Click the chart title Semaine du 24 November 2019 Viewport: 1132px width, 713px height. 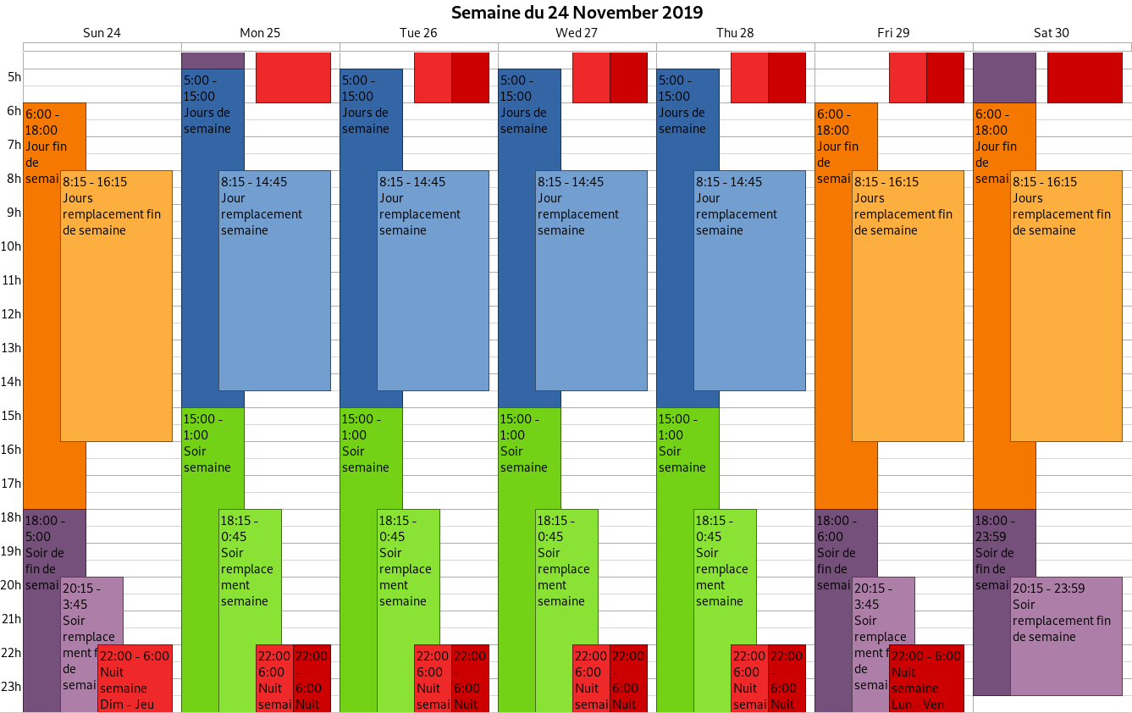coord(577,13)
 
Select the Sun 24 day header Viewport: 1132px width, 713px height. coord(102,33)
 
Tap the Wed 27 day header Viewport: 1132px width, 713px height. coord(577,33)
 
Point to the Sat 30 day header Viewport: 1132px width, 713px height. coord(1052,33)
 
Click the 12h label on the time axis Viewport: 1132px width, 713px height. coord(11,314)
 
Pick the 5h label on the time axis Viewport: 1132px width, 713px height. coord(14,77)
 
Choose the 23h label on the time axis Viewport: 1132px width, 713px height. coord(11,687)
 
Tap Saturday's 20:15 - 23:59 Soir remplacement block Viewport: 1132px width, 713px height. coord(1066,644)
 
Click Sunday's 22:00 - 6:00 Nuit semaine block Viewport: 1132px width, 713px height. coord(135,678)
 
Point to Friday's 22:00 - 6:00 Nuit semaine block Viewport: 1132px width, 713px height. coord(926,678)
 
